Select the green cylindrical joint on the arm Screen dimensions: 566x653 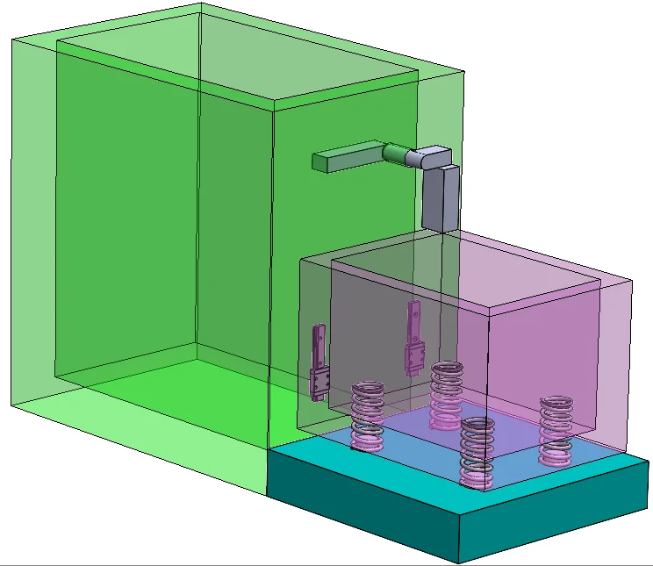coord(395,154)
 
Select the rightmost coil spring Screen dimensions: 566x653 coord(555,428)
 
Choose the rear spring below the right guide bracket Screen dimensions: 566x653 coord(447,393)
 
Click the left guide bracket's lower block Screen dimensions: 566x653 coord(319,384)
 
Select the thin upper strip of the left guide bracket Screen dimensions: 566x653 coord(319,346)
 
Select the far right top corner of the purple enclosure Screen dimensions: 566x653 coord(632,281)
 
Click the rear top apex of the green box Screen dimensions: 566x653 coord(201,4)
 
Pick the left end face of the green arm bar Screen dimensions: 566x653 coord(319,161)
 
